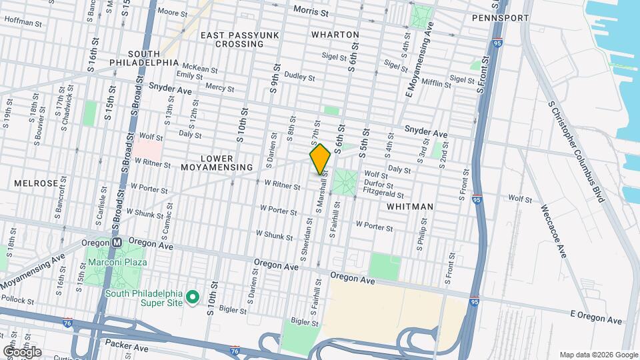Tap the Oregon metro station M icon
(x=116, y=242)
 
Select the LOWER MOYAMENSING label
(x=217, y=163)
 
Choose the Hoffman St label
(x=23, y=22)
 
